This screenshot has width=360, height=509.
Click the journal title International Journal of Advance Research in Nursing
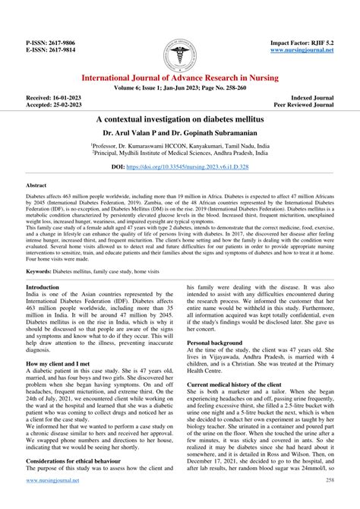coord(180,78)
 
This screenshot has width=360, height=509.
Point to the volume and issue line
coord(180,90)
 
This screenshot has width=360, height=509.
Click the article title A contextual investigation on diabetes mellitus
coord(180,120)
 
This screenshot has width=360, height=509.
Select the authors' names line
coord(180,132)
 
